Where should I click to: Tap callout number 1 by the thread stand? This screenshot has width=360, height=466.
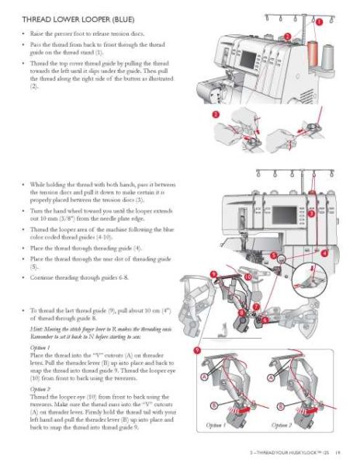point(320,23)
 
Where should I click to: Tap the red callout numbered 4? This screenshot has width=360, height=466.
point(324,252)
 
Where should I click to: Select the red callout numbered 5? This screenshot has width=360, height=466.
point(274,256)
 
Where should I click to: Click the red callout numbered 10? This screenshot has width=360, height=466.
point(247,277)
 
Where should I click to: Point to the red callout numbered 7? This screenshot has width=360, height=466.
point(256,308)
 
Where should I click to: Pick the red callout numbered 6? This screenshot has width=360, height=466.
point(264,319)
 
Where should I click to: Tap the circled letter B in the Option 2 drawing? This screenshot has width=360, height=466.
point(279,404)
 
